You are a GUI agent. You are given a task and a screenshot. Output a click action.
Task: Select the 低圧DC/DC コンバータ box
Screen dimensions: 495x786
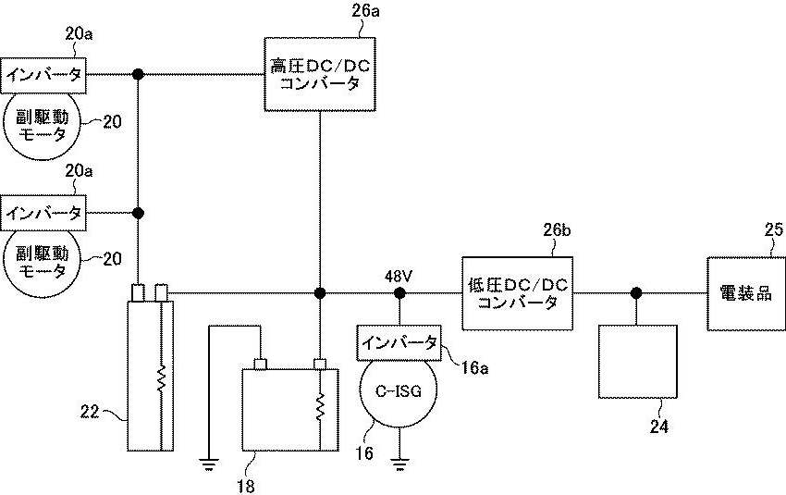click(x=514, y=294)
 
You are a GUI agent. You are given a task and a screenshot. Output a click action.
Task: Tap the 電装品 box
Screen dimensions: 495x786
click(x=745, y=294)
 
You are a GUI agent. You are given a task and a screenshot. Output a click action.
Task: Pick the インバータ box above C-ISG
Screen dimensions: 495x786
click(x=399, y=341)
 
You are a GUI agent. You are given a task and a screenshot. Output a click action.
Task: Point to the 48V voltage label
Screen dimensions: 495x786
click(x=399, y=275)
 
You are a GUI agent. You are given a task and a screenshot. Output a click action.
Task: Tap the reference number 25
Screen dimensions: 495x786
click(x=772, y=229)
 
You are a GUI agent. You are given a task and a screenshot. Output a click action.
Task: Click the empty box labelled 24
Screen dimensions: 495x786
click(x=636, y=360)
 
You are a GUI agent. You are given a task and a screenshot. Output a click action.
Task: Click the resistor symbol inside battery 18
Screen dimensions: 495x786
click(x=320, y=405)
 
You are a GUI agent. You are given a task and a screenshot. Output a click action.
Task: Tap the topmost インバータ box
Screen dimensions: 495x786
click(x=45, y=74)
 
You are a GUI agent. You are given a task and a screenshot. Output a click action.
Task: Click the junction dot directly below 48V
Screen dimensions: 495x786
click(x=399, y=293)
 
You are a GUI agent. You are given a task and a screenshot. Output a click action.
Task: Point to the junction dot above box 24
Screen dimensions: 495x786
click(x=636, y=293)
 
